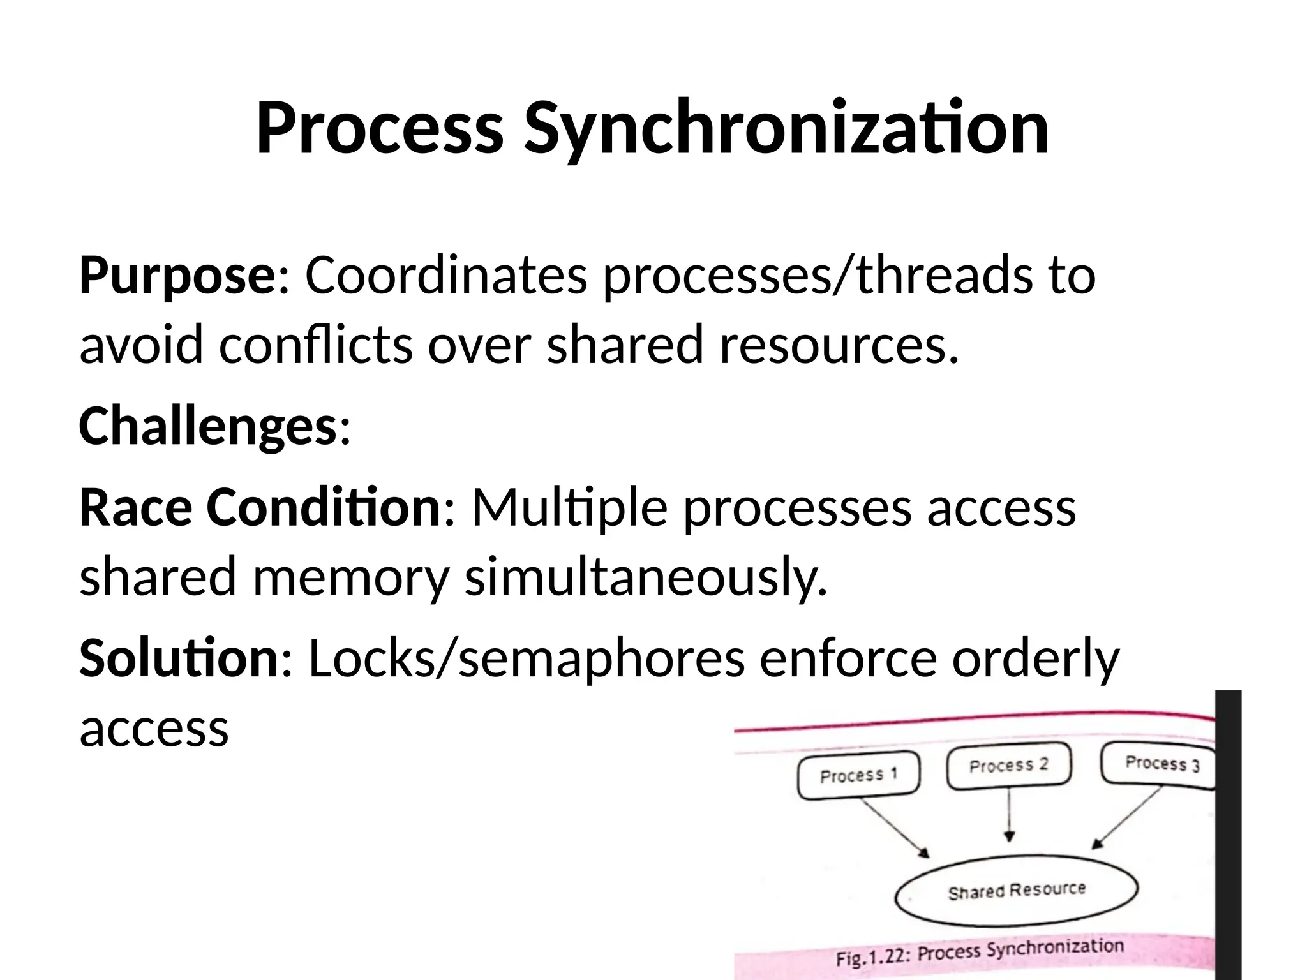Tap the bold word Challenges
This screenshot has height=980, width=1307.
[207, 426]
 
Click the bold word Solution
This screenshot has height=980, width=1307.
[179, 658]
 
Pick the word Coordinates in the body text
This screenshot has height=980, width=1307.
[446, 276]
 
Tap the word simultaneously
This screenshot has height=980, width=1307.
[645, 576]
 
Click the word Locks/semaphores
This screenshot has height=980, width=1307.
[527, 658]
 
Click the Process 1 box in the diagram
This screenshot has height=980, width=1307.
[858, 775]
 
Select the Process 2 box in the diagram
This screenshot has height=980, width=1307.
[1008, 766]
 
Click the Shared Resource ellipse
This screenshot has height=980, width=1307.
[1016, 891]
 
